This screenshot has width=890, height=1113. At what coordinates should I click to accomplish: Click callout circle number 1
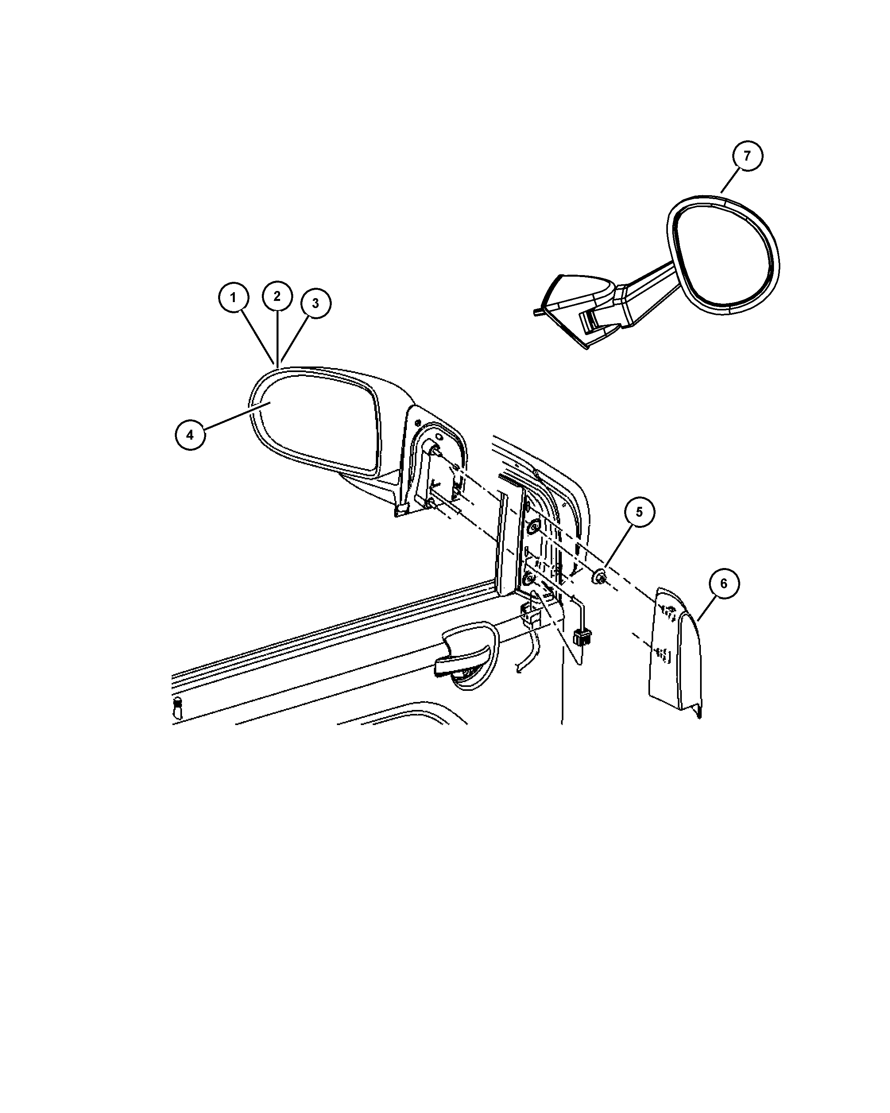(x=233, y=297)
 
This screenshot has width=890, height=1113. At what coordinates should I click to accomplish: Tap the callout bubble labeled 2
(x=277, y=296)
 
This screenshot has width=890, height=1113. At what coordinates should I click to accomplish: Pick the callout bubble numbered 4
(x=190, y=435)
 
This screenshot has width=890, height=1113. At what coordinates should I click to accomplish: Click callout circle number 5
(x=639, y=512)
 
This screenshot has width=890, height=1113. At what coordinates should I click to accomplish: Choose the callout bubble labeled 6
(x=724, y=584)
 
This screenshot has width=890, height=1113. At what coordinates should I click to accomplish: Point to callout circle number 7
(x=747, y=156)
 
